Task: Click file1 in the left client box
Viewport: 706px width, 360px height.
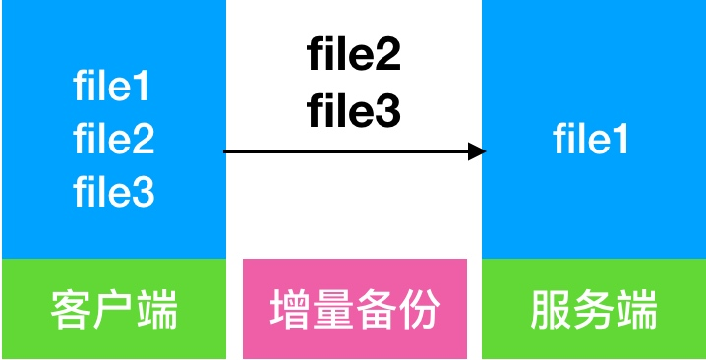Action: (x=113, y=89)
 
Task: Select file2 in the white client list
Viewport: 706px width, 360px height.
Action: (x=113, y=140)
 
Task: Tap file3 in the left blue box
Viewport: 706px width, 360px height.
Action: (x=113, y=192)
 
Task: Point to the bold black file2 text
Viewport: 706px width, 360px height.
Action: (x=354, y=55)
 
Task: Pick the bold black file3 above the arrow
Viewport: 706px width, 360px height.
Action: (x=354, y=112)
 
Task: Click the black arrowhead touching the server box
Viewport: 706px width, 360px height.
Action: (x=478, y=151)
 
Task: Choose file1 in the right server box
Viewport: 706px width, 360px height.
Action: (x=591, y=140)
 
